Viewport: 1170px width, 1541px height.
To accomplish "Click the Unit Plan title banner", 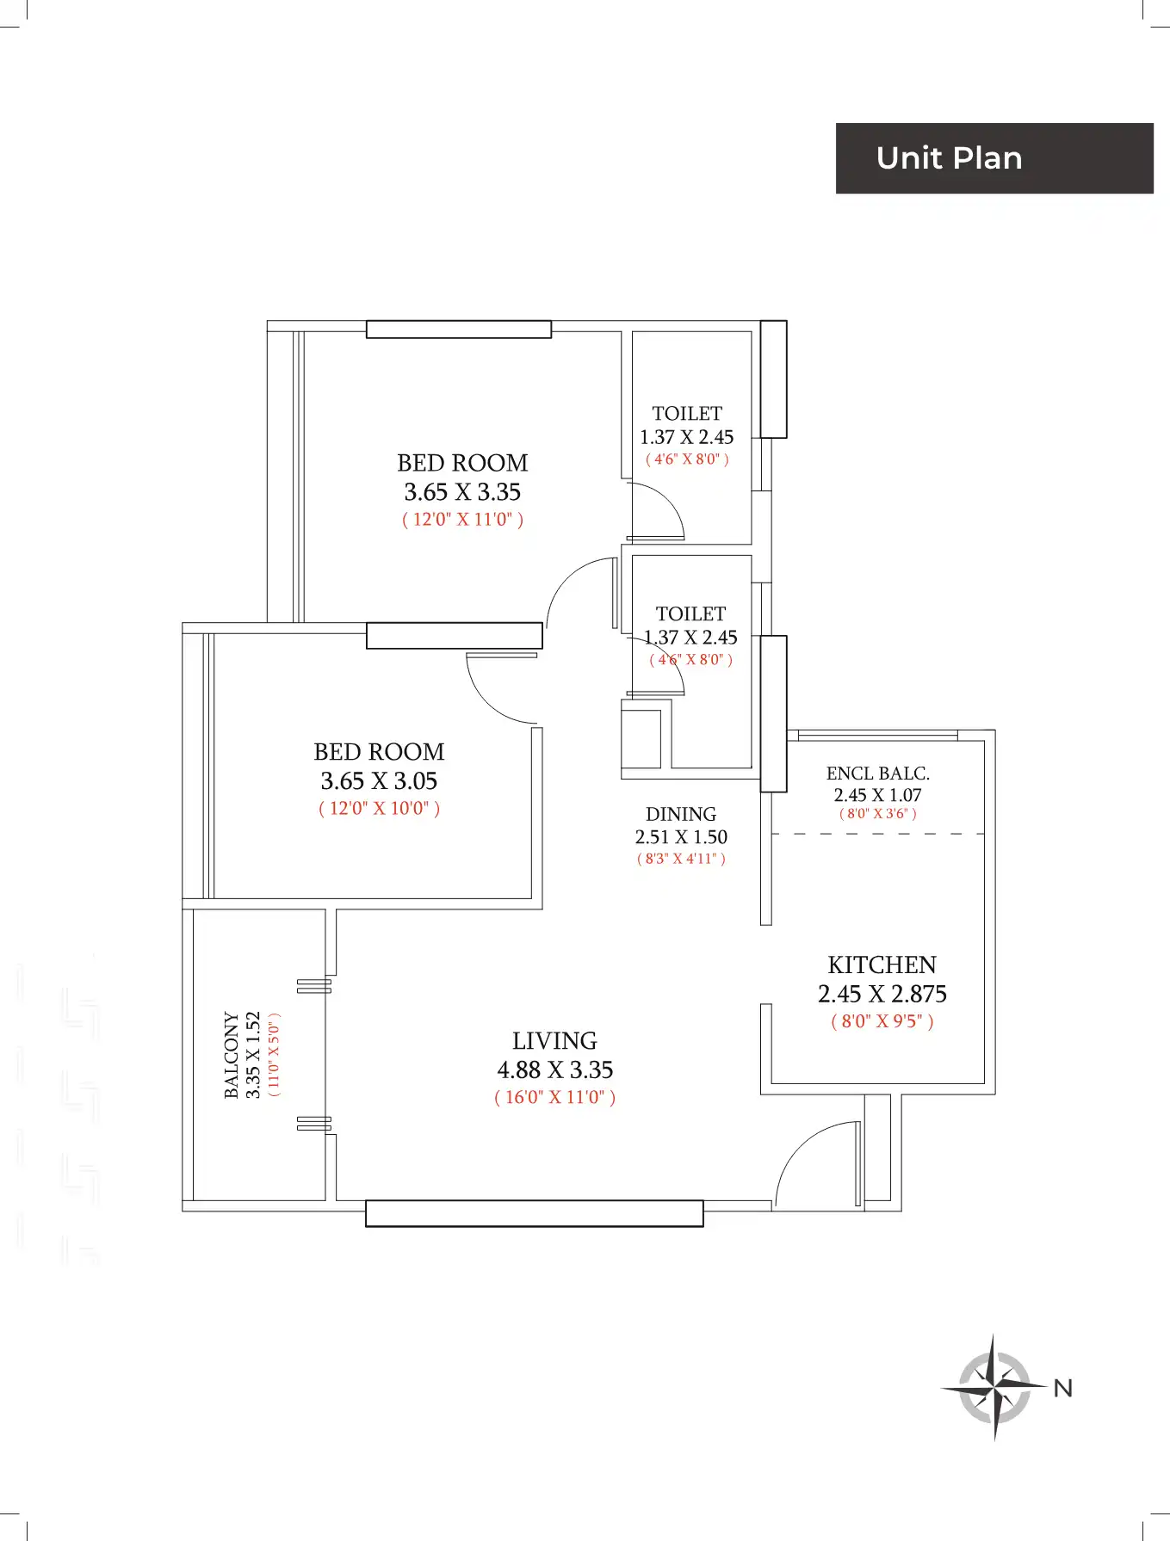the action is click(x=994, y=158).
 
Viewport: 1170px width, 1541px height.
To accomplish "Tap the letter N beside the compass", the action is click(x=1063, y=1388).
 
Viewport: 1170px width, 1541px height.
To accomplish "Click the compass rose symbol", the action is click(x=994, y=1387).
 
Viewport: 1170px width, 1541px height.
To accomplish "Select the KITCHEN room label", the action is click(x=882, y=965).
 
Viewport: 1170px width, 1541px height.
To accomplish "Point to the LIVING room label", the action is click(x=554, y=1040).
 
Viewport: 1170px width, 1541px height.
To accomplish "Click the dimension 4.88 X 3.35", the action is click(x=554, y=1069).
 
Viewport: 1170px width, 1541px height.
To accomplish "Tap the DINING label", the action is click(x=681, y=814).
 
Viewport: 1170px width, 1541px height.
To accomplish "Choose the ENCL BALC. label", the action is click(x=878, y=774).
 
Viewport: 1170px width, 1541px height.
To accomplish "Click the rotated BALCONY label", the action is click(x=232, y=1055).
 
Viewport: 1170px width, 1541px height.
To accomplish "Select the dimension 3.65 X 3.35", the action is click(x=462, y=492).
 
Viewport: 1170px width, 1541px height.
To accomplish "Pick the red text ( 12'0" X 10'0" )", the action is click(x=379, y=808).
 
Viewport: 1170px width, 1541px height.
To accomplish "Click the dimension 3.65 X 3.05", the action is click(x=379, y=780).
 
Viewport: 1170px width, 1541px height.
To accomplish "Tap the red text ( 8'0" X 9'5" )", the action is click(x=882, y=1021).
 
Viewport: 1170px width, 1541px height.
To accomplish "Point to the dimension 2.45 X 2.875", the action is click(x=882, y=994).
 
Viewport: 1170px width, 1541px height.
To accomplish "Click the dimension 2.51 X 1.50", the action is click(x=681, y=837).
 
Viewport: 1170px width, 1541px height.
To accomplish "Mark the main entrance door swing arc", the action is click(x=805, y=1149).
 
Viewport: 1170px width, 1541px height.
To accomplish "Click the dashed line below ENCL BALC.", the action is click(x=877, y=834).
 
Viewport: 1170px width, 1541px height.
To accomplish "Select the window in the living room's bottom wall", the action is click(x=535, y=1213).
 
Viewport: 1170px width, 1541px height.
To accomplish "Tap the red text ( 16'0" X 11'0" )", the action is click(x=554, y=1097).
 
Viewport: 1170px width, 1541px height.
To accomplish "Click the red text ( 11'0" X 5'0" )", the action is click(x=274, y=1055).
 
